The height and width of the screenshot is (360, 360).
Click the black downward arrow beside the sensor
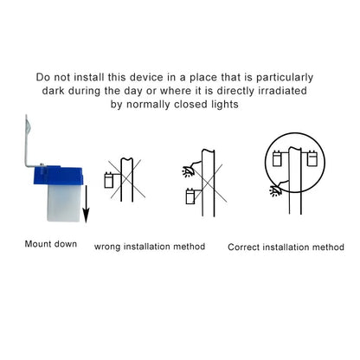point(86,204)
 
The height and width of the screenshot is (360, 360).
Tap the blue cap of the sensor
point(58,175)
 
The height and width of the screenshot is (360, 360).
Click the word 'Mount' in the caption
point(38,244)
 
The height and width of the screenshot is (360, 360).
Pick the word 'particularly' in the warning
point(285,78)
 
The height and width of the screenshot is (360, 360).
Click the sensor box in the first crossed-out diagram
point(108,180)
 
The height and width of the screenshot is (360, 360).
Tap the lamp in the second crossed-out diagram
point(189,170)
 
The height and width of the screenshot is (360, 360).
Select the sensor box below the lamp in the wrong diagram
point(190,196)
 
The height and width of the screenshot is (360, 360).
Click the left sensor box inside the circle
point(278,158)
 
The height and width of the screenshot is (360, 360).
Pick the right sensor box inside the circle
point(312,158)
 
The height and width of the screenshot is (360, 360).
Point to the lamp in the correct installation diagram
point(276,190)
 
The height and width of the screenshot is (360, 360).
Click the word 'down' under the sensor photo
point(66,244)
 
